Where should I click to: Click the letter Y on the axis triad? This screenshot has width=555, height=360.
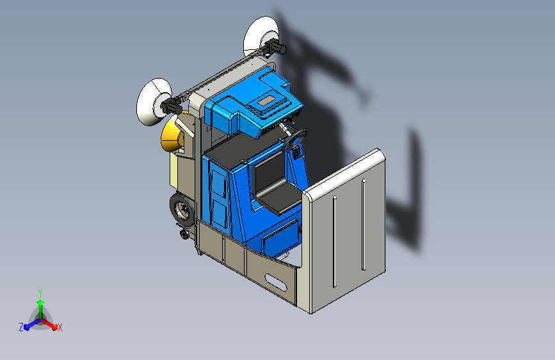[x=40, y=291]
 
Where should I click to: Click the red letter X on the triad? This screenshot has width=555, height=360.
[x=60, y=327]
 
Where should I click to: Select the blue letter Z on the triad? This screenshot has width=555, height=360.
[x=21, y=327]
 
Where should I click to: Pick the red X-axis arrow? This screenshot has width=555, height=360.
[x=51, y=323]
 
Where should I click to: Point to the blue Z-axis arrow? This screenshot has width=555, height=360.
[x=29, y=323]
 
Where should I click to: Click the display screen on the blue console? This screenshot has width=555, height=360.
[x=268, y=101]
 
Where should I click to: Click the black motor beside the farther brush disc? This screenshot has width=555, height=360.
[x=276, y=49]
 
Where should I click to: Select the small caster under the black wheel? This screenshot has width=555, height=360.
[x=186, y=234]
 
